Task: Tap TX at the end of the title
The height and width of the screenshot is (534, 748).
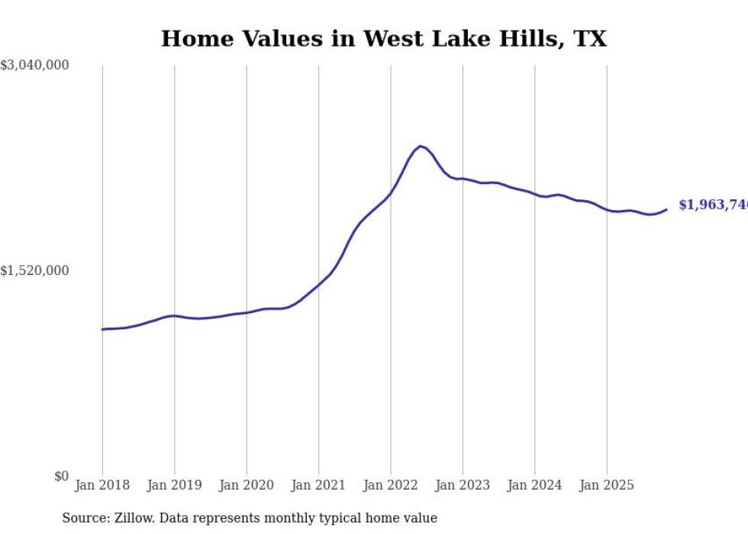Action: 589,39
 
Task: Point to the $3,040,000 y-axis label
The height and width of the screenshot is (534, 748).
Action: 34,66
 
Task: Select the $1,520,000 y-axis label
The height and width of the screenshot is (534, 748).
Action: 34,270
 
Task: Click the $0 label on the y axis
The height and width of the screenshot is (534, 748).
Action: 61,476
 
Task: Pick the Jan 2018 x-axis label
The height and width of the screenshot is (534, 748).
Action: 102,485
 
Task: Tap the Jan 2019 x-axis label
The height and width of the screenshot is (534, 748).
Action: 174,485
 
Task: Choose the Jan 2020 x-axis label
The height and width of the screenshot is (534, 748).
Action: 246,485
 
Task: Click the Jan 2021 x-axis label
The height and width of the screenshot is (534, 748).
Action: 318,485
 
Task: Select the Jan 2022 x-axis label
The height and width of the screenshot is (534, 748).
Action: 390,485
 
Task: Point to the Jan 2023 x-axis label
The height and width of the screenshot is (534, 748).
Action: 463,485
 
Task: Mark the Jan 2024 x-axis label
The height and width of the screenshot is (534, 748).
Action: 534,485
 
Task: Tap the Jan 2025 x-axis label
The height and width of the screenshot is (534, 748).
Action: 607,485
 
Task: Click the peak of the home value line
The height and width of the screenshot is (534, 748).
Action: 420,145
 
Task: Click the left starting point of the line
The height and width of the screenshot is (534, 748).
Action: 102,329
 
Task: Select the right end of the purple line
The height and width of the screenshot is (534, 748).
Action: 666,209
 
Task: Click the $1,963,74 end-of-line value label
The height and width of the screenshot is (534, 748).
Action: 712,205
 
